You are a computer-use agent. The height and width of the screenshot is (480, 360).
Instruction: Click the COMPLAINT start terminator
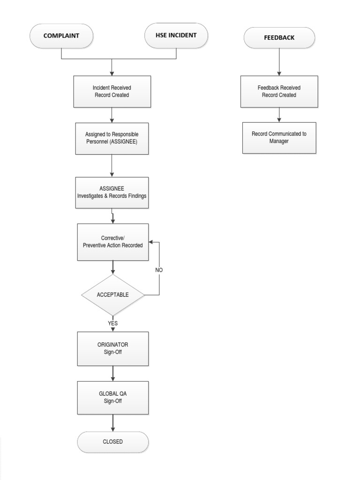tap(61, 36)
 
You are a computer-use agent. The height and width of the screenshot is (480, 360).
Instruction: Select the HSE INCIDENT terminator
tap(176, 36)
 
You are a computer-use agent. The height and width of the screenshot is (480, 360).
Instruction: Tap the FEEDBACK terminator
tap(279, 37)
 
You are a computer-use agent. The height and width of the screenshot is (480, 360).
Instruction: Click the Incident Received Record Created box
tap(112, 91)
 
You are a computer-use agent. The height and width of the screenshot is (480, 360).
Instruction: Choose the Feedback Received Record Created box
tap(279, 91)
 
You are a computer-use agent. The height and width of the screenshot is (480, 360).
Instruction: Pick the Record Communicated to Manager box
tap(279, 137)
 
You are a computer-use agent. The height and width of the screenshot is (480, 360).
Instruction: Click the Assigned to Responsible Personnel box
tap(112, 138)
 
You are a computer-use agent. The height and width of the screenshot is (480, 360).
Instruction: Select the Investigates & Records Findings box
tap(112, 192)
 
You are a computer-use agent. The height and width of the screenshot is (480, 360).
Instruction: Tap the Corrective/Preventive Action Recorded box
tap(112, 242)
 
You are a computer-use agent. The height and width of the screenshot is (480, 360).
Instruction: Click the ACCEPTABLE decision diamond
tap(112, 295)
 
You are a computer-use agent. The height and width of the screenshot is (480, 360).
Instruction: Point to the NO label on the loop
tap(159, 270)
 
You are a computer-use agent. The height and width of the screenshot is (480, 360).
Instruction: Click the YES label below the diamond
tap(112, 323)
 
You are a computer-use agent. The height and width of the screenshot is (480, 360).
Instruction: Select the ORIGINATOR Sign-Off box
tap(112, 348)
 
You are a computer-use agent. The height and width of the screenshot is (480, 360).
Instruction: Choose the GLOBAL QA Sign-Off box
tap(112, 397)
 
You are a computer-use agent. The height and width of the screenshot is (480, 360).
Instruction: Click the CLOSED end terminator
tap(112, 442)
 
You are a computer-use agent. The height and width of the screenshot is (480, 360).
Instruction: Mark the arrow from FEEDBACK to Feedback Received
tap(279, 62)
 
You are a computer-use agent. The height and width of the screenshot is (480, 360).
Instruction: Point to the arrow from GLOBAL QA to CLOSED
tap(112, 423)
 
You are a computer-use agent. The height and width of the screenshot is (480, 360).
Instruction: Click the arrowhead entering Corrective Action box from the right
tap(151, 243)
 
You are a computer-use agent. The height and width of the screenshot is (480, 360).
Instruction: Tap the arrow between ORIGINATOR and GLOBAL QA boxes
tap(112, 373)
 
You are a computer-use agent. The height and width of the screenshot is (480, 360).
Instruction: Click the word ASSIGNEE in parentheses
tap(123, 142)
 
